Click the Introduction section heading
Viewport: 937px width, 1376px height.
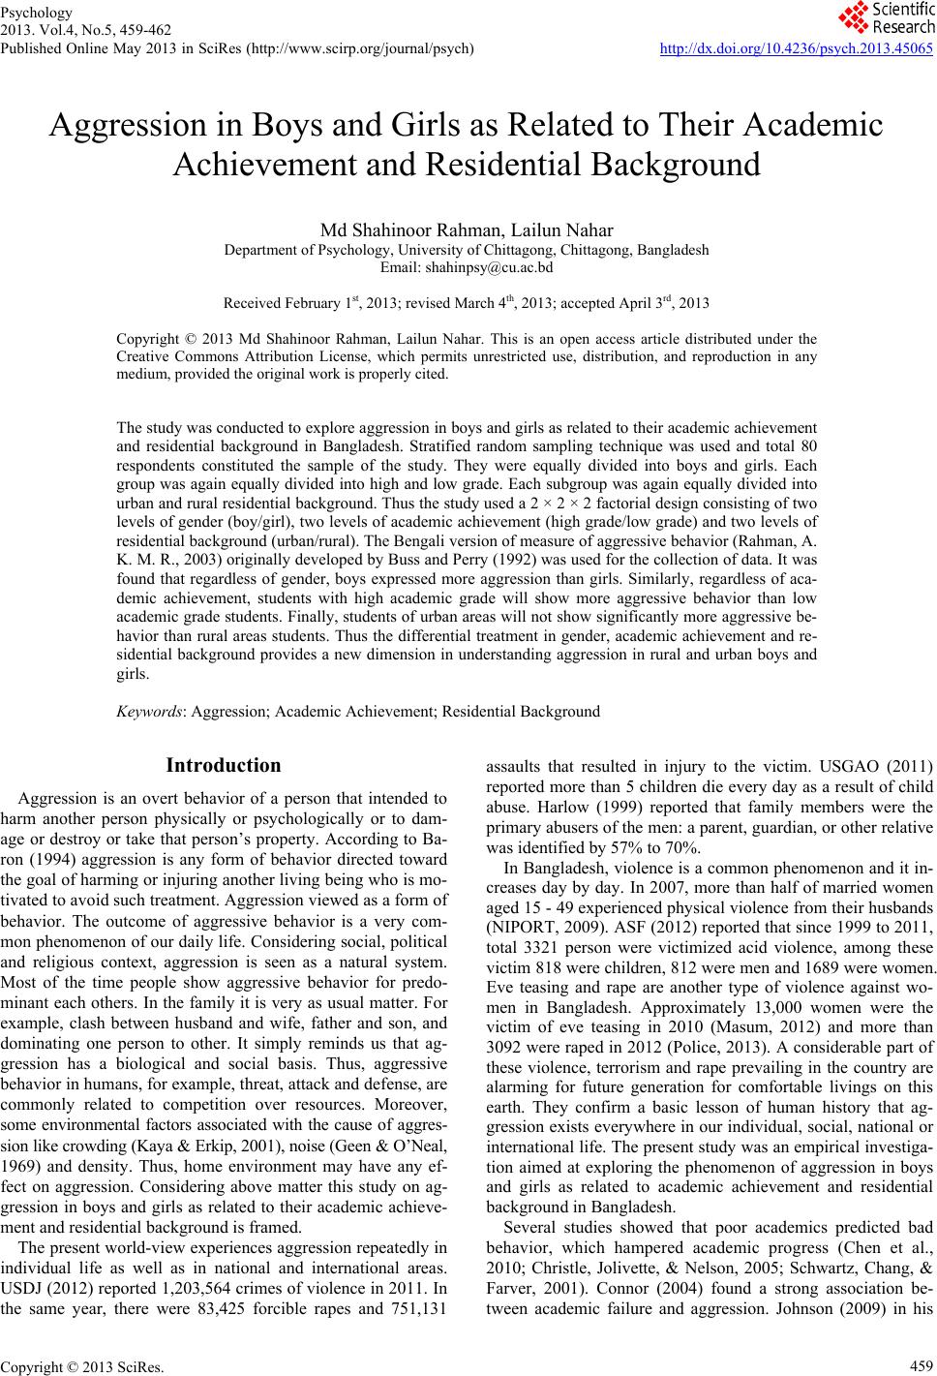(x=224, y=766)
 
